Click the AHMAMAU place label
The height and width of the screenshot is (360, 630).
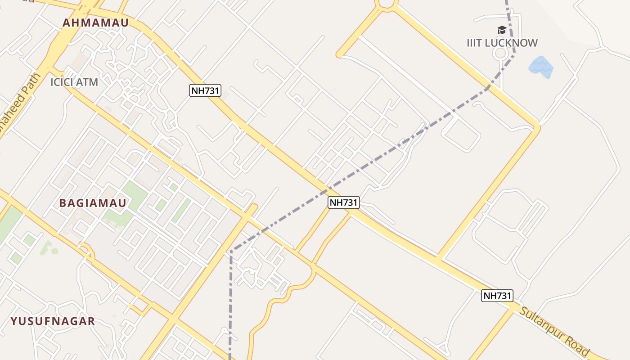(95, 23)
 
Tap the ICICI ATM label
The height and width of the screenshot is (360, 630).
(74, 82)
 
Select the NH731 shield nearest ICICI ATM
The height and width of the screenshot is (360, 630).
(205, 90)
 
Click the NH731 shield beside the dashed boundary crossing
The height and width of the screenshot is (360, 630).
(343, 202)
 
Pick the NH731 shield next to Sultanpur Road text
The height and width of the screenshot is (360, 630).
(497, 296)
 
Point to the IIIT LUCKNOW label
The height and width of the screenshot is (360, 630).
(502, 43)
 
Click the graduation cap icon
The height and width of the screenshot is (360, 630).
(502, 30)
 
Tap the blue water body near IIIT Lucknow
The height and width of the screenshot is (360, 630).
(540, 67)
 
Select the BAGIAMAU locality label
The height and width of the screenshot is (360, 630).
(93, 203)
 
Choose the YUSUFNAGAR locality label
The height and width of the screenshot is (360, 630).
(53, 321)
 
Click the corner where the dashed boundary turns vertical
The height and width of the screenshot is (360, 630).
(231, 251)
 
